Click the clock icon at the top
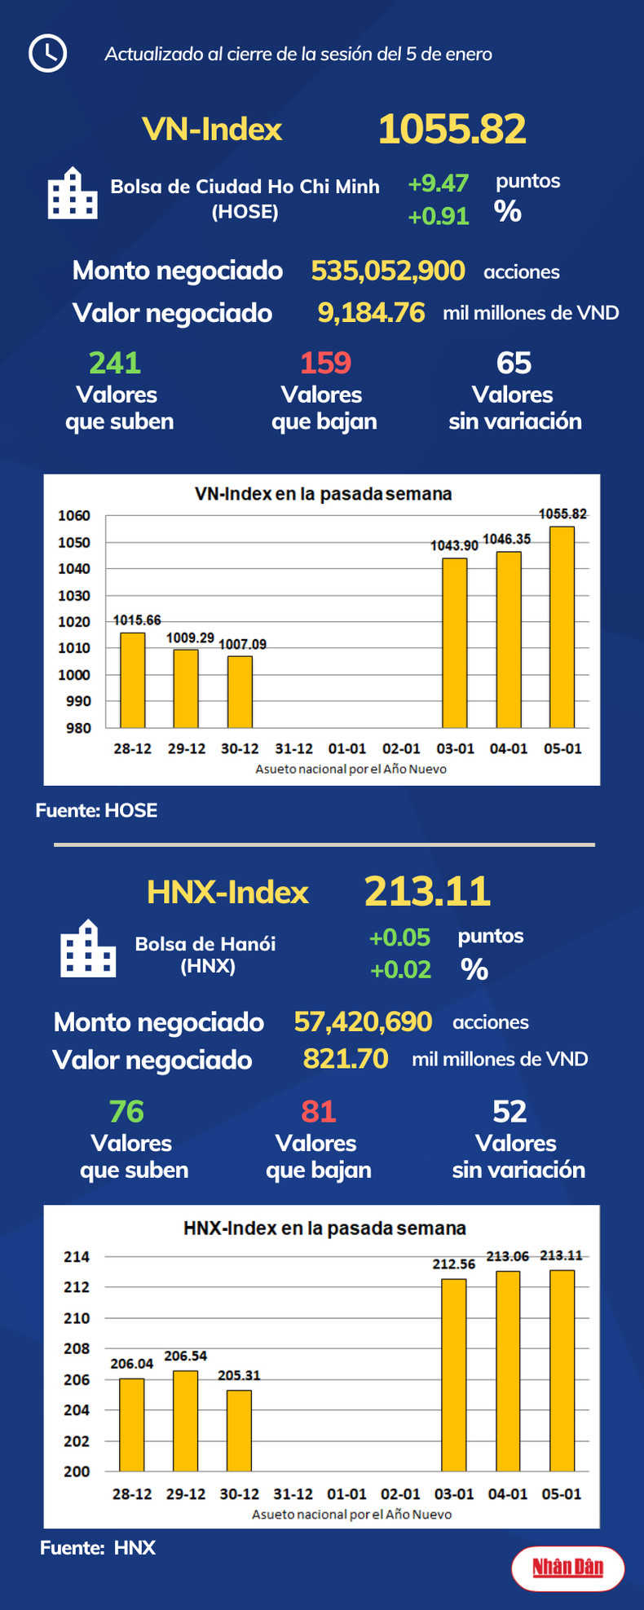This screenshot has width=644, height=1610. (47, 54)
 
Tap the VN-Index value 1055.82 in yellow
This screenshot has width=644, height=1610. (452, 130)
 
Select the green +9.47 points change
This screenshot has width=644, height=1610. (438, 183)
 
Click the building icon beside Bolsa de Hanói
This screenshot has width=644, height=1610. (88, 949)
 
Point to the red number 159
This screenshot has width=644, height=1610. (325, 363)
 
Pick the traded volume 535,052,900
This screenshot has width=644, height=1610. (388, 271)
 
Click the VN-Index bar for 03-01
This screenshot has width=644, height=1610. (454, 642)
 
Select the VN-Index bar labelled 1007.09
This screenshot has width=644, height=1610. (240, 691)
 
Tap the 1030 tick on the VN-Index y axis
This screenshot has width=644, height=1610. (74, 596)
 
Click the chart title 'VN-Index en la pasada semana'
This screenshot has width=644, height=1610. (323, 494)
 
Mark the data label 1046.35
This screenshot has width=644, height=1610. (506, 539)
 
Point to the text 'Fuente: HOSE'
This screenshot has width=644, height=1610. (96, 810)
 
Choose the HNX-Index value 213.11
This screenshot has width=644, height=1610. (427, 891)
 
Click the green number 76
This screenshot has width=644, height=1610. (126, 1111)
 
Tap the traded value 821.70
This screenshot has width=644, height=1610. (346, 1058)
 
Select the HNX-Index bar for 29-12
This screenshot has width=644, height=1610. (185, 1420)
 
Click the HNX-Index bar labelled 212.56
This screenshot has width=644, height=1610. (454, 1374)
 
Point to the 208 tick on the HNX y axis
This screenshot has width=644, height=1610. (77, 1349)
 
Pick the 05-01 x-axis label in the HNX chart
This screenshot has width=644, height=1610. (562, 1494)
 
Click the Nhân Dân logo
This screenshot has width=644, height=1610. (567, 1568)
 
